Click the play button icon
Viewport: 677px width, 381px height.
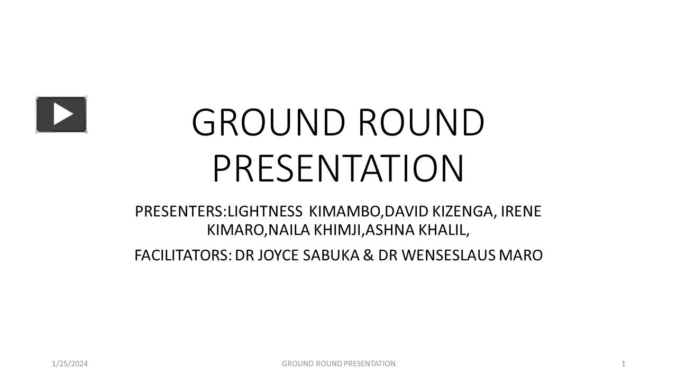pos(61,114)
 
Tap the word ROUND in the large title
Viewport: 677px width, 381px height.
pos(421,123)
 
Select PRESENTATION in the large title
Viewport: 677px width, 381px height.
pos(338,168)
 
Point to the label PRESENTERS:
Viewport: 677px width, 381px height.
pos(180,212)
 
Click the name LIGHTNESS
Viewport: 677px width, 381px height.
pos(264,212)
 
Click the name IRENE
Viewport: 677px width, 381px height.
pos(521,212)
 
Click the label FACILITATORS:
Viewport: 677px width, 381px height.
pos(183,256)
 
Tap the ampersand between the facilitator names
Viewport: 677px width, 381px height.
pos(369,256)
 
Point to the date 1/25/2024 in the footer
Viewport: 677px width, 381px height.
pos(70,364)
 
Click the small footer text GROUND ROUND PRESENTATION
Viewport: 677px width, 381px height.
pos(338,364)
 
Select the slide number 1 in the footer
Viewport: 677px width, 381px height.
pos(624,364)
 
